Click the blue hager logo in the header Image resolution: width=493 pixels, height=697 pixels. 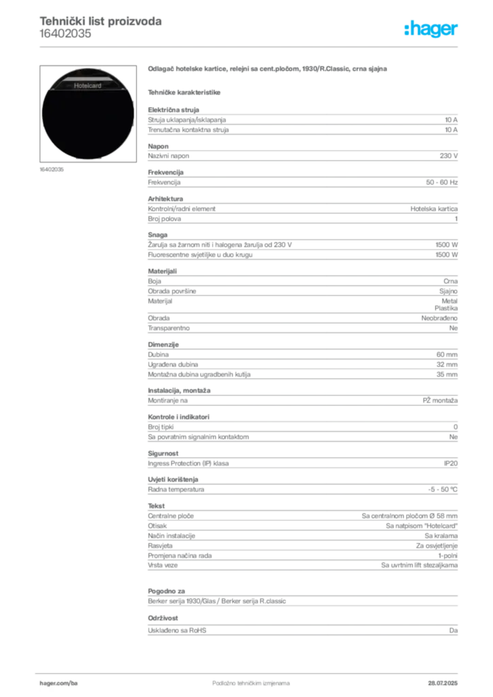(432, 29)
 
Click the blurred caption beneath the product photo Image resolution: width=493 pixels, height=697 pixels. (51, 169)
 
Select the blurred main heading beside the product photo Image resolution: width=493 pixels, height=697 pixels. (269, 69)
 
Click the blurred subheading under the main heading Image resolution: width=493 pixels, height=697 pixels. (185, 91)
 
